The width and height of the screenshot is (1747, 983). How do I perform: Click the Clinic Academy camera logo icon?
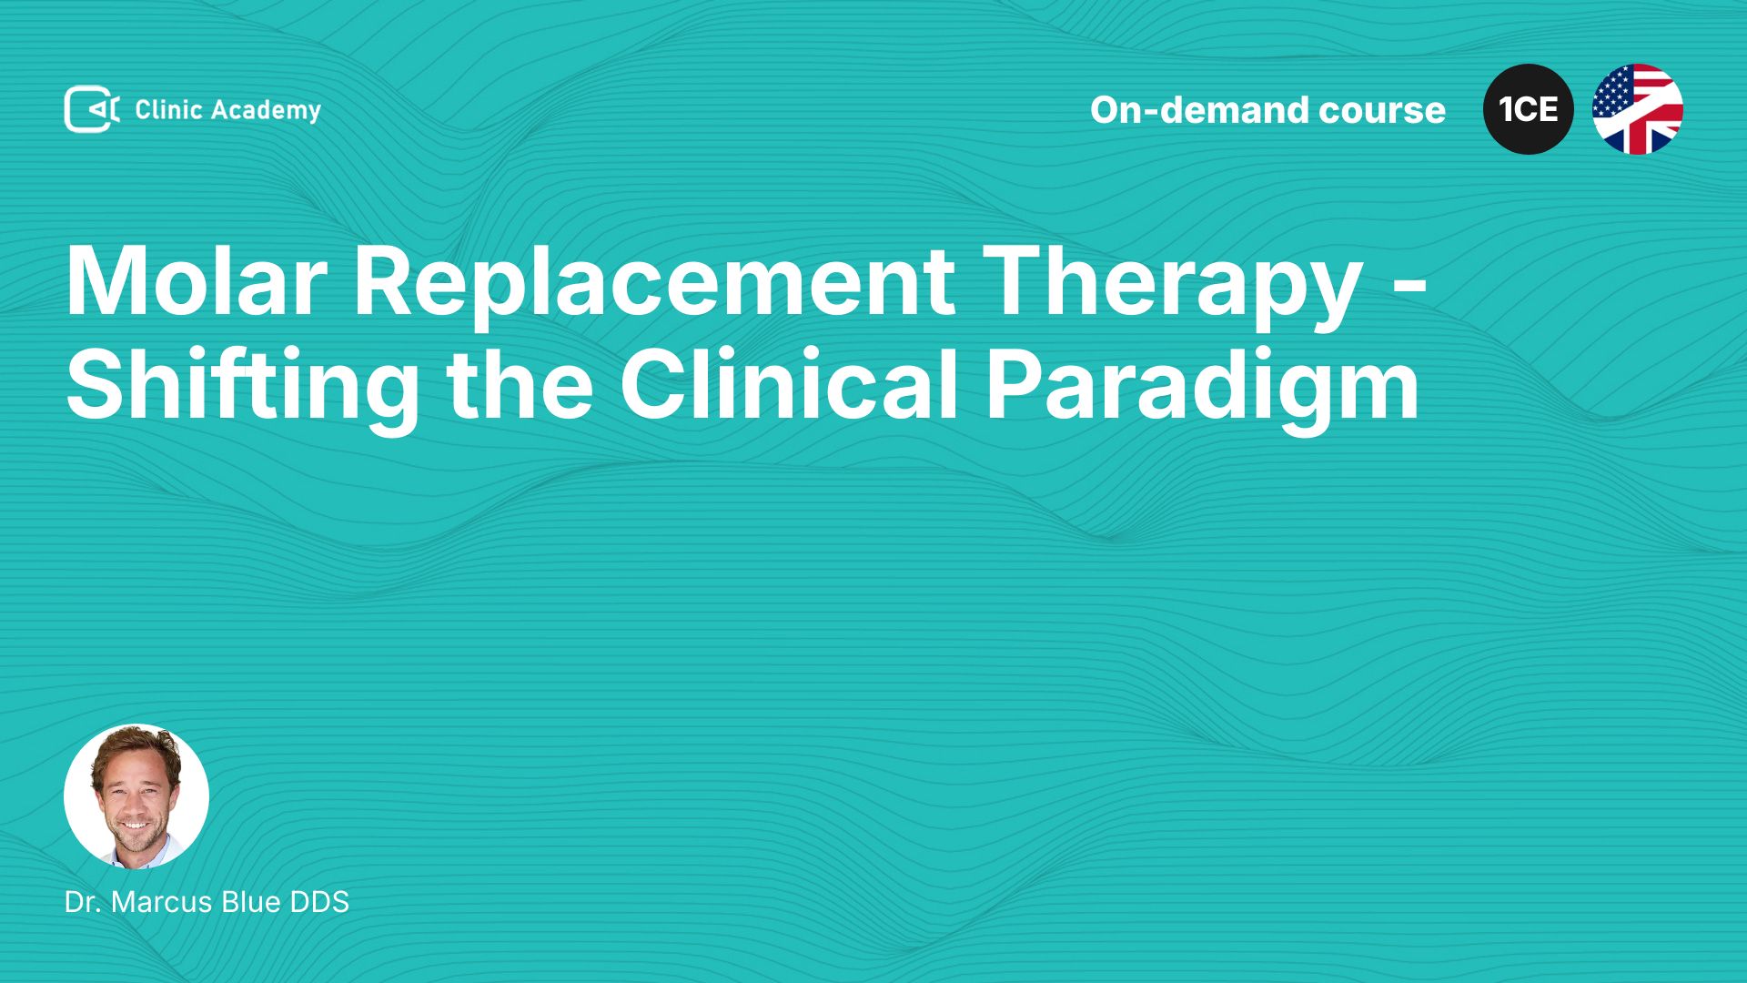coord(92,109)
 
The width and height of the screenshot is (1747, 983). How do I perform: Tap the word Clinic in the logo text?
coord(168,109)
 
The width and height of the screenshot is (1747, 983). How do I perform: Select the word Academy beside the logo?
coord(267,111)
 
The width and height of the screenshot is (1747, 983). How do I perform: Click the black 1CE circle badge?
coord(1529,109)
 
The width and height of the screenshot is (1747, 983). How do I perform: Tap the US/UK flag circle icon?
coord(1638,109)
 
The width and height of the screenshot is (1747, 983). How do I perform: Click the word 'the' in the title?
coord(520,384)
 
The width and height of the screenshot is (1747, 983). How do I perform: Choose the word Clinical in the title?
coord(790,384)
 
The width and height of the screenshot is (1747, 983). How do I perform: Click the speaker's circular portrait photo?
coord(136,796)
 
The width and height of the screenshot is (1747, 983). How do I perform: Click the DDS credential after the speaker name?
coord(319,902)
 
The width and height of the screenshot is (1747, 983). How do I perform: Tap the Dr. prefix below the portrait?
coord(83,902)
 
